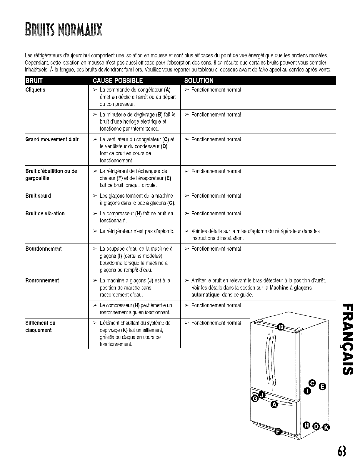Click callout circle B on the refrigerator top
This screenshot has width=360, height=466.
[281, 327]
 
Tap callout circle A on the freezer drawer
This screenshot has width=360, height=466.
[274, 405]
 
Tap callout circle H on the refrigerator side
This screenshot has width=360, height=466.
[307, 425]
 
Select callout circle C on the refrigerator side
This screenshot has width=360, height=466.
[313, 383]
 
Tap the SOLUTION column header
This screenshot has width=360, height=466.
[199, 81]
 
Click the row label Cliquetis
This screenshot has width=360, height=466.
[35, 90]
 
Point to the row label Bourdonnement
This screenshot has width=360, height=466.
[44, 249]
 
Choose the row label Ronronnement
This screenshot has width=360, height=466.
[42, 280]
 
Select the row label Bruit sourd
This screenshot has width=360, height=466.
[38, 196]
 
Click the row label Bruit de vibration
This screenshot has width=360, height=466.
[45, 213]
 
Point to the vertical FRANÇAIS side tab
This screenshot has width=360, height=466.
[346, 338]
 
